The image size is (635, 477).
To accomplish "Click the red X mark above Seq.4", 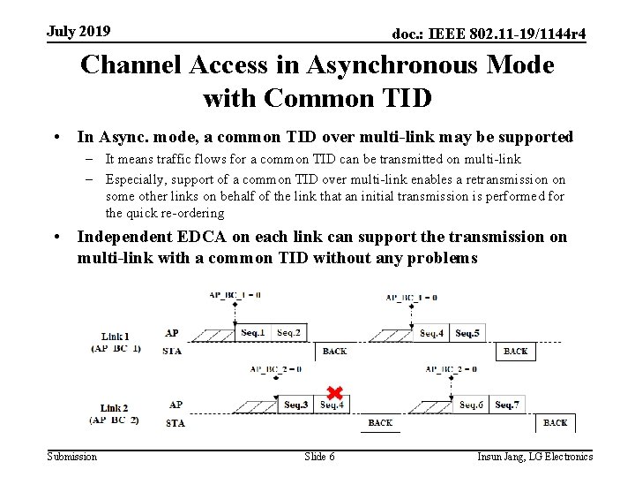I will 334,392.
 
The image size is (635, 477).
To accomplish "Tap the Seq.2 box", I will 288,332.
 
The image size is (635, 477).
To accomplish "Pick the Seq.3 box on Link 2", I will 296,405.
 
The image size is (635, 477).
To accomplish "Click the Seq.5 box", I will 468,333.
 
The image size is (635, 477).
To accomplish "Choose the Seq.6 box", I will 471,405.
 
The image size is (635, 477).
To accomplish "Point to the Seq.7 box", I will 506,405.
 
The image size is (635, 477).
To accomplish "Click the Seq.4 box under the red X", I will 332,405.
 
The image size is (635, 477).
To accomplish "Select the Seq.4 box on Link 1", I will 432,333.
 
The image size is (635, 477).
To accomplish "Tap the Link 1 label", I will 115,337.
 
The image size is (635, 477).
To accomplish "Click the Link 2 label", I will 115,408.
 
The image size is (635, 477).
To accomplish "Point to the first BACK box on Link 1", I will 334,352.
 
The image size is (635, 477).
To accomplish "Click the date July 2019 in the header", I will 78,32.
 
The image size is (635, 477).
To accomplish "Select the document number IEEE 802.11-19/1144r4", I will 489,34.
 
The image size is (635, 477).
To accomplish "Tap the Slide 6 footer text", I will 318,457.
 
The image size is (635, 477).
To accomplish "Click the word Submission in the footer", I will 72,457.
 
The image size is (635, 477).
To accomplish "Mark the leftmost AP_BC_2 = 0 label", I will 276,369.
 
